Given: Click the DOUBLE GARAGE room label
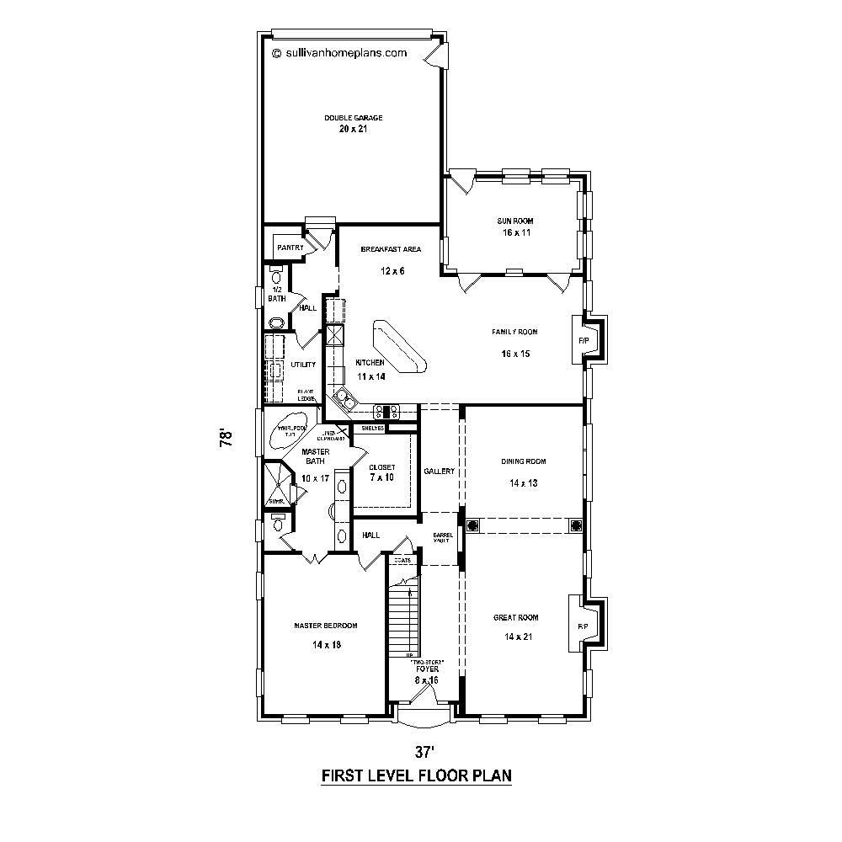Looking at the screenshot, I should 354,118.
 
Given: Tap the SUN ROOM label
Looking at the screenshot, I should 514,221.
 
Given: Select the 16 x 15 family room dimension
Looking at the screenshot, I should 514,354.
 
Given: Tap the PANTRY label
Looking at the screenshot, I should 290,248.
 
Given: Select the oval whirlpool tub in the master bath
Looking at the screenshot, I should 290,433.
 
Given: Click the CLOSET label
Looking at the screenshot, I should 381,466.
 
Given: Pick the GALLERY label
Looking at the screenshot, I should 440,472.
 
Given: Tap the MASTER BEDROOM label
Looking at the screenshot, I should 326,626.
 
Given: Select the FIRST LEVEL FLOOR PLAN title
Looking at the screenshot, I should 417,775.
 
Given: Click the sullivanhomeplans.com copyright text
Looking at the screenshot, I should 339,52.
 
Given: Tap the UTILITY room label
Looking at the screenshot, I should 303,365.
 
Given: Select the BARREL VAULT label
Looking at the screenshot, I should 442,537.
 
